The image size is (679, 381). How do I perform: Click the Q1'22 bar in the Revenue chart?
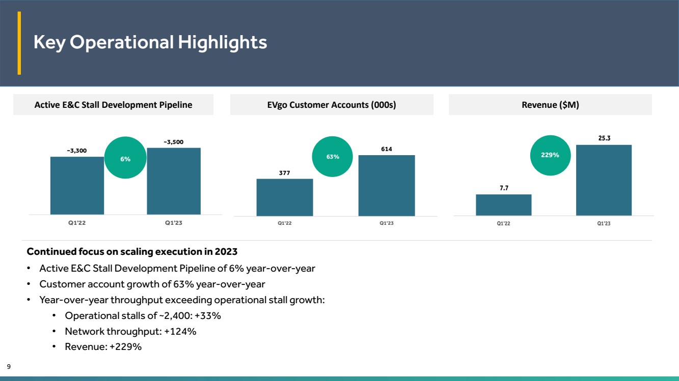pyautogui.click(x=503, y=205)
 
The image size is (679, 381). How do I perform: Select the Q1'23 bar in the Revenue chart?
pyautogui.click(x=604, y=180)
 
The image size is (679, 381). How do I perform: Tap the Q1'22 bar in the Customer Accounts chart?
pyautogui.click(x=285, y=197)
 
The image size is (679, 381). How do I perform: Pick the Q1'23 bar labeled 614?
pyautogui.click(x=387, y=186)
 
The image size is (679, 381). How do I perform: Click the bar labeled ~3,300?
pyautogui.click(x=77, y=186)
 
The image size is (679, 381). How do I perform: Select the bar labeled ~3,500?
pyautogui.click(x=174, y=181)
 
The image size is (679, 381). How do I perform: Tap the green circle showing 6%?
pyautogui.click(x=125, y=158)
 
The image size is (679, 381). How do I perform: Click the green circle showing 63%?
pyautogui.click(x=332, y=157)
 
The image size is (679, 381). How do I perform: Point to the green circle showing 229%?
pyautogui.click(x=550, y=155)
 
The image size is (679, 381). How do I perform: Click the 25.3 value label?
pyautogui.click(x=604, y=138)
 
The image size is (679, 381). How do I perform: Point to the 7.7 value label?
pyautogui.click(x=504, y=188)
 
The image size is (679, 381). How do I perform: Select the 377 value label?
pyautogui.click(x=284, y=173)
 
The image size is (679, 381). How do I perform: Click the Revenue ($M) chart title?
pyautogui.click(x=550, y=105)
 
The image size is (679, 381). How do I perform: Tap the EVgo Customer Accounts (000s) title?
pyautogui.click(x=332, y=105)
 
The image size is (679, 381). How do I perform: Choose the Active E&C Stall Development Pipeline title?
pyautogui.click(x=113, y=105)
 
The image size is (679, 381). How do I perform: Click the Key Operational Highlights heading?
pyautogui.click(x=150, y=42)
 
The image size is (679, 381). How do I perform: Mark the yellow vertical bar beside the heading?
pyautogui.click(x=19, y=43)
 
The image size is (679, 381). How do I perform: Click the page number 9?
pyautogui.click(x=9, y=367)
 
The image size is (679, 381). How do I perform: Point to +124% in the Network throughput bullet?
pyautogui.click(x=180, y=331)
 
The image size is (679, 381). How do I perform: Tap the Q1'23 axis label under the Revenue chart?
pyautogui.click(x=604, y=223)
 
